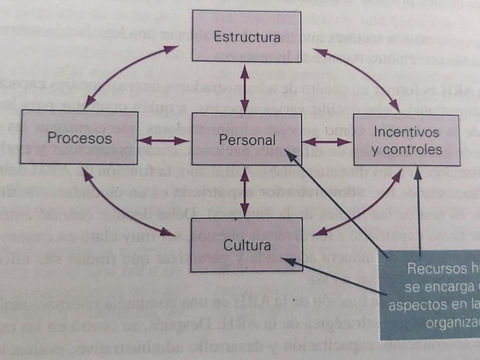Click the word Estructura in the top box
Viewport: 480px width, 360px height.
coord(247,37)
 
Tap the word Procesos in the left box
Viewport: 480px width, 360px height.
coord(80,138)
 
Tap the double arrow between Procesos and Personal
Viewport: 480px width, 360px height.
coord(164,140)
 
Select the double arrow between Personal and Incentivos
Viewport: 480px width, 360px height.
coord(327,141)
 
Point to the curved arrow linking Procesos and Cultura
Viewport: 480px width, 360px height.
coord(117,209)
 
